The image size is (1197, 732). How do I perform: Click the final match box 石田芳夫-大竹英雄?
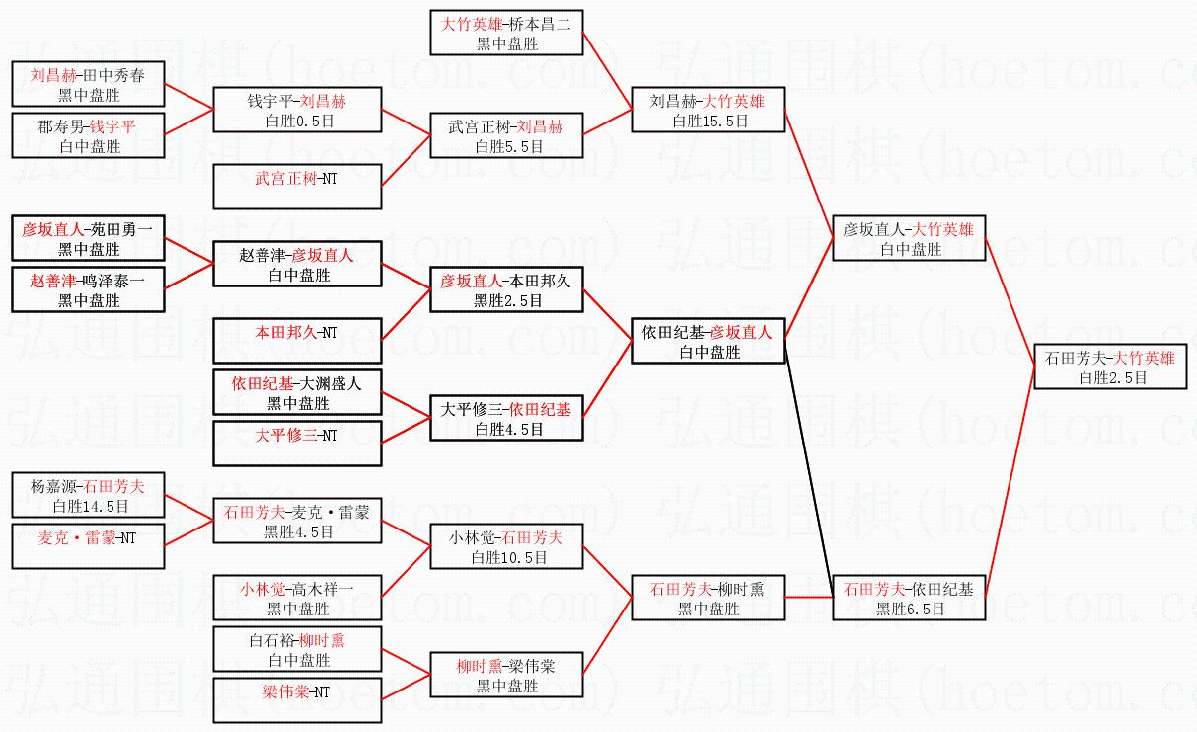tap(1110, 366)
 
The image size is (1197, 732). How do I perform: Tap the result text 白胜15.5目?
tap(711, 121)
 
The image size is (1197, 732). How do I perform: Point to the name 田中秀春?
tap(117, 75)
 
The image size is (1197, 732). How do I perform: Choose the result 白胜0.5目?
tap(297, 121)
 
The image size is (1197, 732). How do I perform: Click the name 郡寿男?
tap(59, 126)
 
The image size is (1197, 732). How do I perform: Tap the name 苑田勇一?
tap(121, 229)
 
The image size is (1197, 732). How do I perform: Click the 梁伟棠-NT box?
tap(297, 691)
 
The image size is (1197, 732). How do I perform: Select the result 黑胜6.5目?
tap(911, 610)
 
